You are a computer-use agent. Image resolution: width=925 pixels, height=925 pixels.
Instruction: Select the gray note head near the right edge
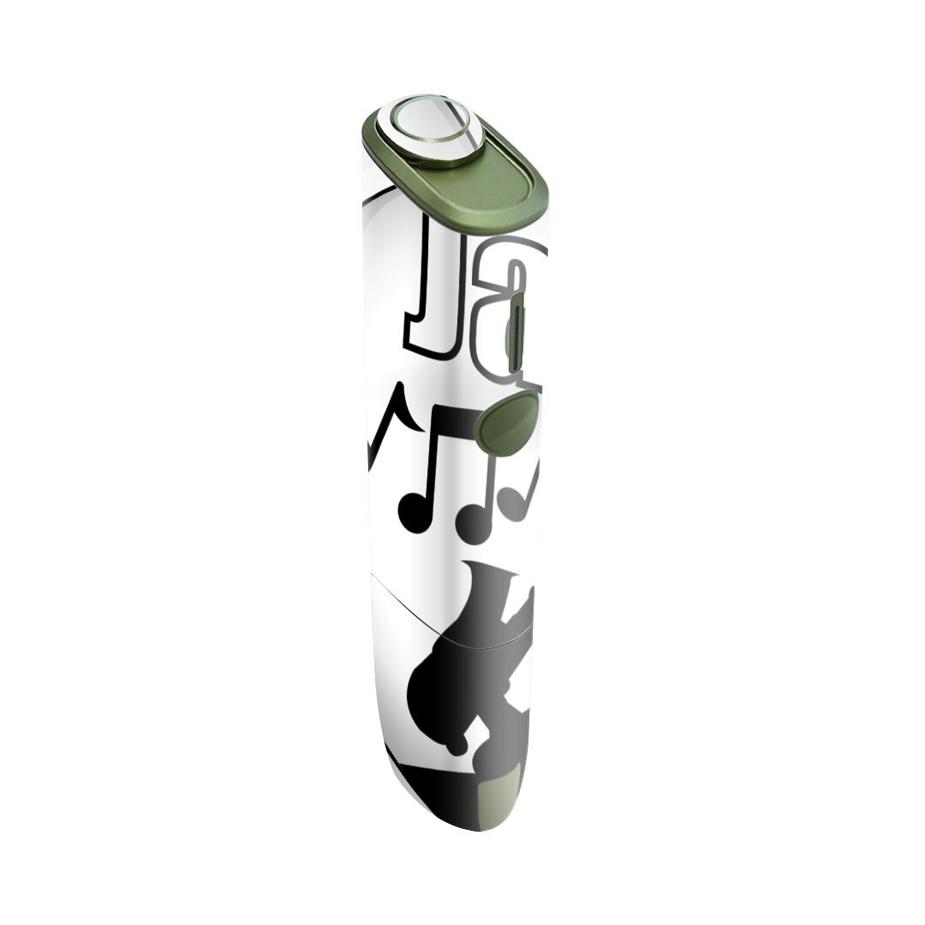point(513,499)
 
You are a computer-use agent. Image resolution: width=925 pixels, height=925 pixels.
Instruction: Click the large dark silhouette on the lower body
point(462,677)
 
